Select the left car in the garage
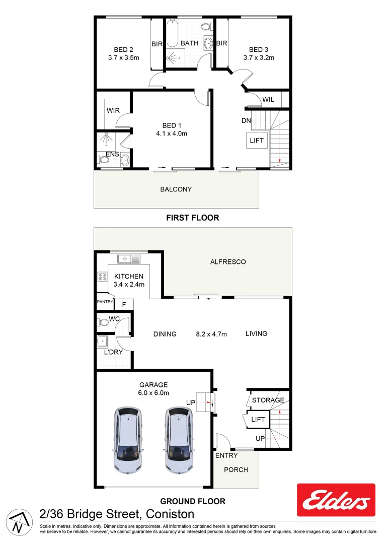click(x=128, y=441)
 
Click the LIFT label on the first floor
click(x=257, y=141)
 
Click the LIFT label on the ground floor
click(x=258, y=419)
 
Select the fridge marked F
click(x=124, y=305)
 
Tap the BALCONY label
click(x=176, y=189)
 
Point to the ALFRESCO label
click(x=228, y=262)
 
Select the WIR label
click(x=112, y=110)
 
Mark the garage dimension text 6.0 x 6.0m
click(x=154, y=393)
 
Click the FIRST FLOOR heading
click(x=193, y=218)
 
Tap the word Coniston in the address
click(x=171, y=514)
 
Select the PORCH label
click(x=236, y=469)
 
